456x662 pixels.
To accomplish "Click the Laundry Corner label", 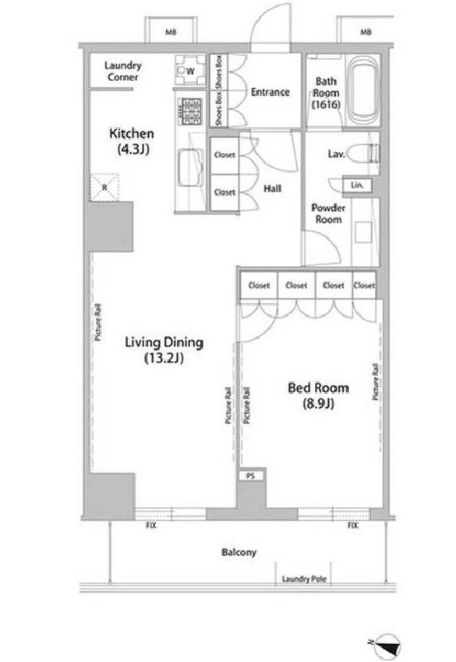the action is (123, 72).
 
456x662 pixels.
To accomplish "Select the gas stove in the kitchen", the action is (189, 112).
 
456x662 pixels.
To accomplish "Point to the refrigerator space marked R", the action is (104, 187).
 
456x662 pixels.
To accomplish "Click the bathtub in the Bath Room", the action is (363, 90).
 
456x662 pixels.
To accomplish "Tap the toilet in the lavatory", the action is (364, 153).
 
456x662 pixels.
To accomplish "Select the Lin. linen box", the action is (357, 185).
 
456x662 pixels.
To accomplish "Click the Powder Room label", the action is (328, 214).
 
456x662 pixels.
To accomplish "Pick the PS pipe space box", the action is (251, 476).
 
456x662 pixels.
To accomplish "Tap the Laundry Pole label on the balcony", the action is (304, 579).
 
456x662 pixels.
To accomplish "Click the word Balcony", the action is (239, 552).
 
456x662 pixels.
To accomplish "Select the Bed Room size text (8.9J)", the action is (318, 404).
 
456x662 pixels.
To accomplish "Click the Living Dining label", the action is (164, 342).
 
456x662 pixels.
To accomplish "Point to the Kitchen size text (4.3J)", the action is (133, 149).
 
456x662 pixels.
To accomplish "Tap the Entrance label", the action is (270, 92).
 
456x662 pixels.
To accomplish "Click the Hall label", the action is (272, 188).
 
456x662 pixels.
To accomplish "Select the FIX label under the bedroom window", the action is (353, 526).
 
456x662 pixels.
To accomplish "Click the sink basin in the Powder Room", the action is (363, 232).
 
